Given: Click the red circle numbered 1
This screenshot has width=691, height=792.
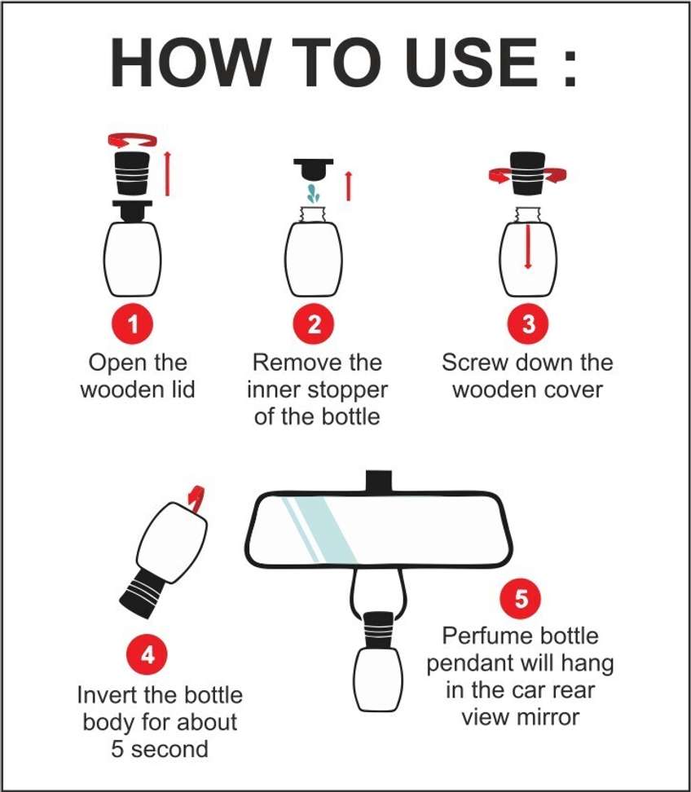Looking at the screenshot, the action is click(133, 323).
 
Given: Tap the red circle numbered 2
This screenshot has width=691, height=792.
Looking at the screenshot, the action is click(315, 323).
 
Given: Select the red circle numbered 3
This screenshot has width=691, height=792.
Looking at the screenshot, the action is click(528, 323).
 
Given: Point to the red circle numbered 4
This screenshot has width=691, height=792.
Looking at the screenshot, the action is click(147, 655).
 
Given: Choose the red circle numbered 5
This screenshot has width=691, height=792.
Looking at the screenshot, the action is click(521, 599).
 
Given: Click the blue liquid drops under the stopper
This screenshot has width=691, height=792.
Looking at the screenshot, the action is click(314, 193).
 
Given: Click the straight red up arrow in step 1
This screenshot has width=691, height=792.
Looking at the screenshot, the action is click(167, 173).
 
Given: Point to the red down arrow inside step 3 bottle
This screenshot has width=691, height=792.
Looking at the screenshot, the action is click(528, 247).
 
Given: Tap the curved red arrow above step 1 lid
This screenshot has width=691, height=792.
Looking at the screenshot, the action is click(132, 138).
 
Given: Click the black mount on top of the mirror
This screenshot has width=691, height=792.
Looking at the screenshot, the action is click(379, 482).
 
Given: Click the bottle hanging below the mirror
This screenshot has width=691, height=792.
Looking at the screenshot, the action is click(378, 661).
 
